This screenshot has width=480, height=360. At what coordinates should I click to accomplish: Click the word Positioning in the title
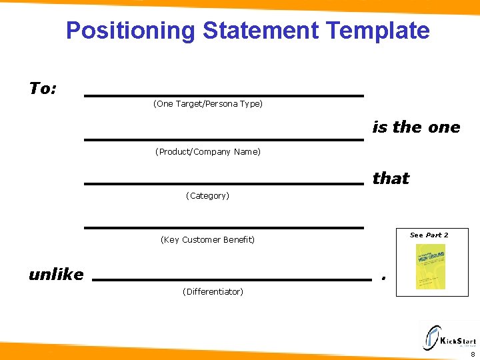click(x=131, y=31)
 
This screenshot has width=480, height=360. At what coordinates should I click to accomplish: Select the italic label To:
click(x=43, y=89)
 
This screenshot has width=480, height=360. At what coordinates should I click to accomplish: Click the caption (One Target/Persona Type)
click(x=208, y=104)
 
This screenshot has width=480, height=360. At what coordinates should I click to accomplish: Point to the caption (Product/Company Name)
click(x=208, y=152)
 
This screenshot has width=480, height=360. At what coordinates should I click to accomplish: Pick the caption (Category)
click(x=207, y=196)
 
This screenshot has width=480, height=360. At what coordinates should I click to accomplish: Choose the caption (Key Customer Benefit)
click(x=207, y=240)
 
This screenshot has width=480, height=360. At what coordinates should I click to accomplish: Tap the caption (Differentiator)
click(x=213, y=292)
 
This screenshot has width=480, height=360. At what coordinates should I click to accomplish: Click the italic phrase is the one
click(x=416, y=127)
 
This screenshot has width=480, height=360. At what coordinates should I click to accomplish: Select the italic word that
click(x=391, y=179)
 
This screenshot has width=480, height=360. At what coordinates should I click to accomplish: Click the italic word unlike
click(x=56, y=275)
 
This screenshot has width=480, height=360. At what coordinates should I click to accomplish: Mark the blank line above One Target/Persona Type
click(x=223, y=96)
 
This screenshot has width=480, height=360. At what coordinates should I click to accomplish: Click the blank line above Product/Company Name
click(x=223, y=139)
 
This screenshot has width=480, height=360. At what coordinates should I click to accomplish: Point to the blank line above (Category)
click(x=223, y=183)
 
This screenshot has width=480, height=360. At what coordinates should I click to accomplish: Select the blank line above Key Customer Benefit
click(x=223, y=227)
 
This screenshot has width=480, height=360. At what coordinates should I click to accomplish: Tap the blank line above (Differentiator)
click(x=231, y=279)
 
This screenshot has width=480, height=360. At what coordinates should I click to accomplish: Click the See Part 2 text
click(x=429, y=235)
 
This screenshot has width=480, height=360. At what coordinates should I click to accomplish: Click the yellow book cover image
click(x=430, y=267)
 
